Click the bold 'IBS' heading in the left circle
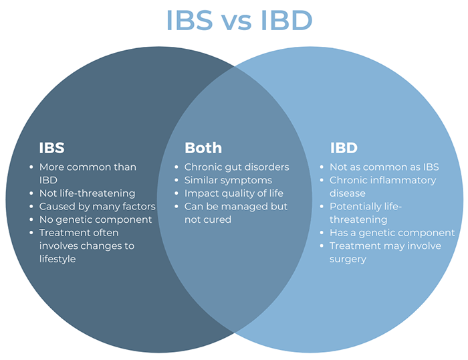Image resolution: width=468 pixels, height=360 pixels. (51, 147)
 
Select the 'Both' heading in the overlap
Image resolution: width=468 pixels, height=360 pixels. (203, 147)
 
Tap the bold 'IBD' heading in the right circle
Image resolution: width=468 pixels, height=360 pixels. (344, 147)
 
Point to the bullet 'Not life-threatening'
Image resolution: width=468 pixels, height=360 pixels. (87, 193)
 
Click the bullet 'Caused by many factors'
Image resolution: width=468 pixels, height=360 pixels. (97, 206)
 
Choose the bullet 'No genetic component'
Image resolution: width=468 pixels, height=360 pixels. (96, 219)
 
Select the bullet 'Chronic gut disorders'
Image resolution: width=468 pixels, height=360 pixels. (237, 167)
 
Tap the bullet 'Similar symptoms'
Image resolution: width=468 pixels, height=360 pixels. (228, 180)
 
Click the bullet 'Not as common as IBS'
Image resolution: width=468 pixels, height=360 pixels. (384, 167)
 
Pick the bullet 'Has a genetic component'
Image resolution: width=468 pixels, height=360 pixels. (392, 233)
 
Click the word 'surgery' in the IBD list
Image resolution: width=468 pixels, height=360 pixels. (348, 259)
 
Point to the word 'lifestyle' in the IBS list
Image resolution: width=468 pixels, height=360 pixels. (57, 259)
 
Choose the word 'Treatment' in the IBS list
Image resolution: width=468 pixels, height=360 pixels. (64, 233)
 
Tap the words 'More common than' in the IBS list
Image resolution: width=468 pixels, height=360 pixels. (87, 167)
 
